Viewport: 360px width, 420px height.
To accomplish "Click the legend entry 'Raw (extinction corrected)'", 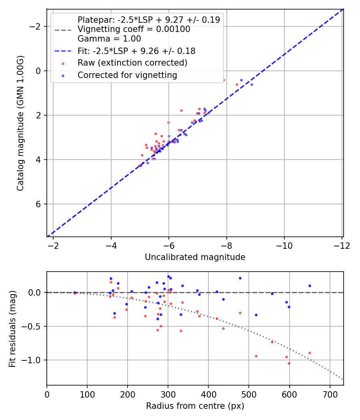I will pos(132,63).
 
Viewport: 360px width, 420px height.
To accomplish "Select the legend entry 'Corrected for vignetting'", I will pos(127,75).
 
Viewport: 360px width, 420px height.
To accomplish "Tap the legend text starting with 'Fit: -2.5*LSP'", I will pos(136,51).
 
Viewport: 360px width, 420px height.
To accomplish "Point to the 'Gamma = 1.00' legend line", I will pos(109,39).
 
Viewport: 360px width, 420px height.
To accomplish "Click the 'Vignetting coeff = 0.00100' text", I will pos(134,29).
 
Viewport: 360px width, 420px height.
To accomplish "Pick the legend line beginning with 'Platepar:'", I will pos(148,20).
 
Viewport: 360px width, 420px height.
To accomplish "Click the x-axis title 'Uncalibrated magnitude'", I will pos(195,257).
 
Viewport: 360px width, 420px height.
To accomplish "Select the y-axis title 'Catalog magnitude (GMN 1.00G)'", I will pos(20,123).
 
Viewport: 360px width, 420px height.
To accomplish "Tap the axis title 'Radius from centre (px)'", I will pos(195,406).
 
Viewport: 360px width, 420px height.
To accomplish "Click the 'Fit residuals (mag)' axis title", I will pos(12,328).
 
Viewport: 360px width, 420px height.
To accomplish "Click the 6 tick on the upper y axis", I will pos(38,204).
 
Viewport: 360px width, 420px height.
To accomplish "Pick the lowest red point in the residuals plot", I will pos(289,363).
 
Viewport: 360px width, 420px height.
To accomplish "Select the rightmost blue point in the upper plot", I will pos(252,84).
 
